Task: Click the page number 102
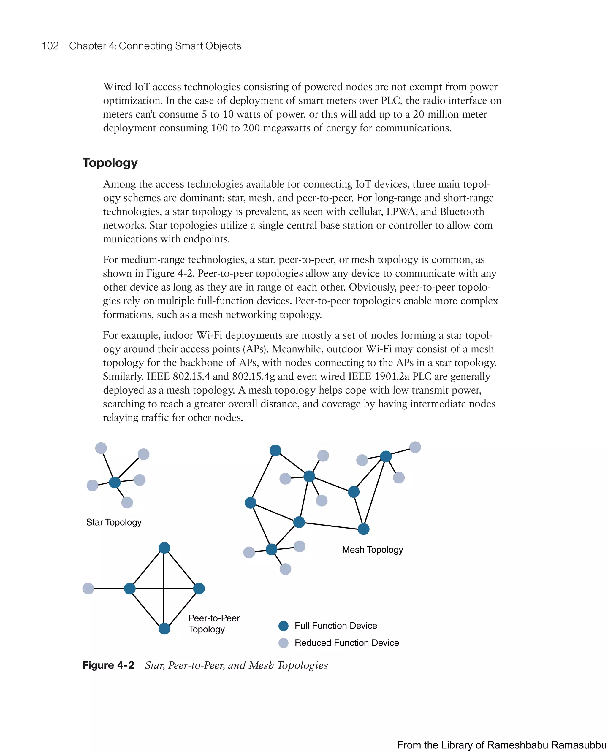pos(50,46)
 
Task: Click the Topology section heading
pos(110,163)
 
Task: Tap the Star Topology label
pos(114,522)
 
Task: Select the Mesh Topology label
pos(372,550)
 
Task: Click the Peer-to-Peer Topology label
pos(214,624)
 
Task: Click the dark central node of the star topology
pos(115,483)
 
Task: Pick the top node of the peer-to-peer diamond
pos(164,548)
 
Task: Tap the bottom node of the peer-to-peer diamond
pos(164,629)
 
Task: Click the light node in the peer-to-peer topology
pos(88,588)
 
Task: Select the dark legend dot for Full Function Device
pos(283,626)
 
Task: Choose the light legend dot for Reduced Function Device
pos(283,643)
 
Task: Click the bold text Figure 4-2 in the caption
pos(108,665)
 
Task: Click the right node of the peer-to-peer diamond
pos(199,588)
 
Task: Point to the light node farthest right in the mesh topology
pos(415,447)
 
